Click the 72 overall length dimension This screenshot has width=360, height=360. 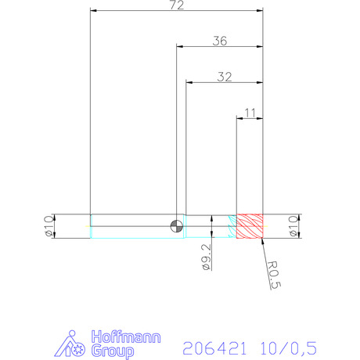point(177,5)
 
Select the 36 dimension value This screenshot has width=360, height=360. point(220,41)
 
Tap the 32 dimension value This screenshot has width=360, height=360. point(225,77)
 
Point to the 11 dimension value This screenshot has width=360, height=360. point(250,113)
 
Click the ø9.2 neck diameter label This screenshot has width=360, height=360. point(207,257)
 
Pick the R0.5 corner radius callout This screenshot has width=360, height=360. point(274,275)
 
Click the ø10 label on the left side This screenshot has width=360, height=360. point(49,226)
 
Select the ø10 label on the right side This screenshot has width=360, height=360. point(293,226)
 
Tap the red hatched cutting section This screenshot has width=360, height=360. point(250,226)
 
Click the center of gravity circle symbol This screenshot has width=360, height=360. point(177,226)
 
